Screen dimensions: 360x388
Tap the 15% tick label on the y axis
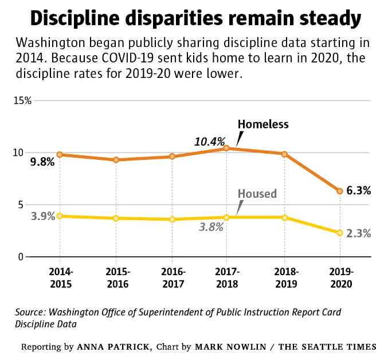tap(22, 100)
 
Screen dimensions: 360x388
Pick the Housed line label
tap(257, 194)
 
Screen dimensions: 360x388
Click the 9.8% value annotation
tap(42, 162)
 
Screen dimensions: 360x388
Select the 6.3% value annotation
tap(359, 190)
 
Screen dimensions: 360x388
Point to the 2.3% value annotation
tap(359, 233)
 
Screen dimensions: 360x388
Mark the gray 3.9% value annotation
tap(42, 216)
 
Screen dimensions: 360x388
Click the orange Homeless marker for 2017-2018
tap(227, 148)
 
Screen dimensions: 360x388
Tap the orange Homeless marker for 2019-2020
tap(339, 191)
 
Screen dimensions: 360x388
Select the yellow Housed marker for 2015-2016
tap(116, 218)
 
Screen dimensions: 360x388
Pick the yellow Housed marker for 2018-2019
tap(284, 217)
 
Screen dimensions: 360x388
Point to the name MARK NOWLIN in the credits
tap(224, 347)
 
